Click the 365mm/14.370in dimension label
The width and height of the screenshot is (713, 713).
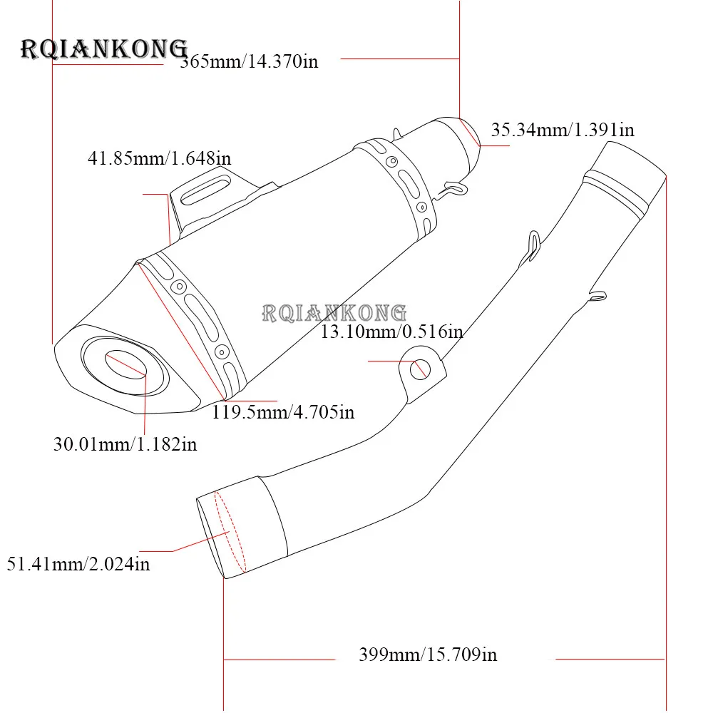tap(249, 61)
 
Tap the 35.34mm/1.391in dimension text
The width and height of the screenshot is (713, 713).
tap(563, 130)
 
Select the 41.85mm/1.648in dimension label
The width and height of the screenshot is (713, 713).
tap(160, 158)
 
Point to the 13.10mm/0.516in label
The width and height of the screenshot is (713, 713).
tap(392, 332)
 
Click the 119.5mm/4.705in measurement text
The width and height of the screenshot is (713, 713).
tap(283, 412)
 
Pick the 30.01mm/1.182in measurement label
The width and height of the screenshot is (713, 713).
tap(125, 444)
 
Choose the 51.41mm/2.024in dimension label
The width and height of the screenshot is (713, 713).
tap(78, 564)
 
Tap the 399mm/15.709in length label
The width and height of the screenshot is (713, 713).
tap(428, 655)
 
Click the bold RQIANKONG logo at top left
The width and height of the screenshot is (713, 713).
tap(104, 49)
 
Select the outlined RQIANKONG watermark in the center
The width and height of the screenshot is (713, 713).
tap(334, 313)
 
